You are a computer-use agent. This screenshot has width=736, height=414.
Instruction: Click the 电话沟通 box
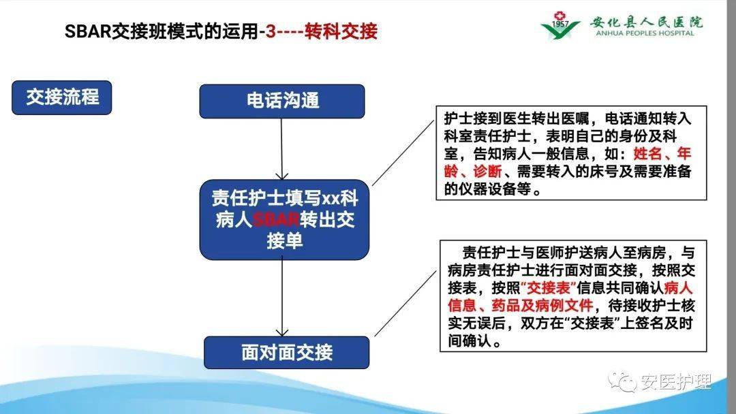pyautogui.click(x=282, y=101)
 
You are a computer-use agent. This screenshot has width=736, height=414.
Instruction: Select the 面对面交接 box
pyautogui.click(x=286, y=352)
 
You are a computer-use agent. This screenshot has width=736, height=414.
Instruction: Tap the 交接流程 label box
pyautogui.click(x=62, y=97)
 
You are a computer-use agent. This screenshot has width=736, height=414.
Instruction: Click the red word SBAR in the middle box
pyautogui.click(x=277, y=221)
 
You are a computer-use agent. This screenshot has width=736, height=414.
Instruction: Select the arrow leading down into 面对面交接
pyautogui.click(x=282, y=296)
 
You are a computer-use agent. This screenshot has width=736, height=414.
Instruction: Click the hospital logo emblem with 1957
pyautogui.click(x=560, y=25)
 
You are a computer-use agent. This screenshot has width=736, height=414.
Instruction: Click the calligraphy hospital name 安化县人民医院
pyautogui.click(x=638, y=20)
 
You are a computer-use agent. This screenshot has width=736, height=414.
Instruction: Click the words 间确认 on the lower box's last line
pyautogui.click(x=470, y=342)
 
